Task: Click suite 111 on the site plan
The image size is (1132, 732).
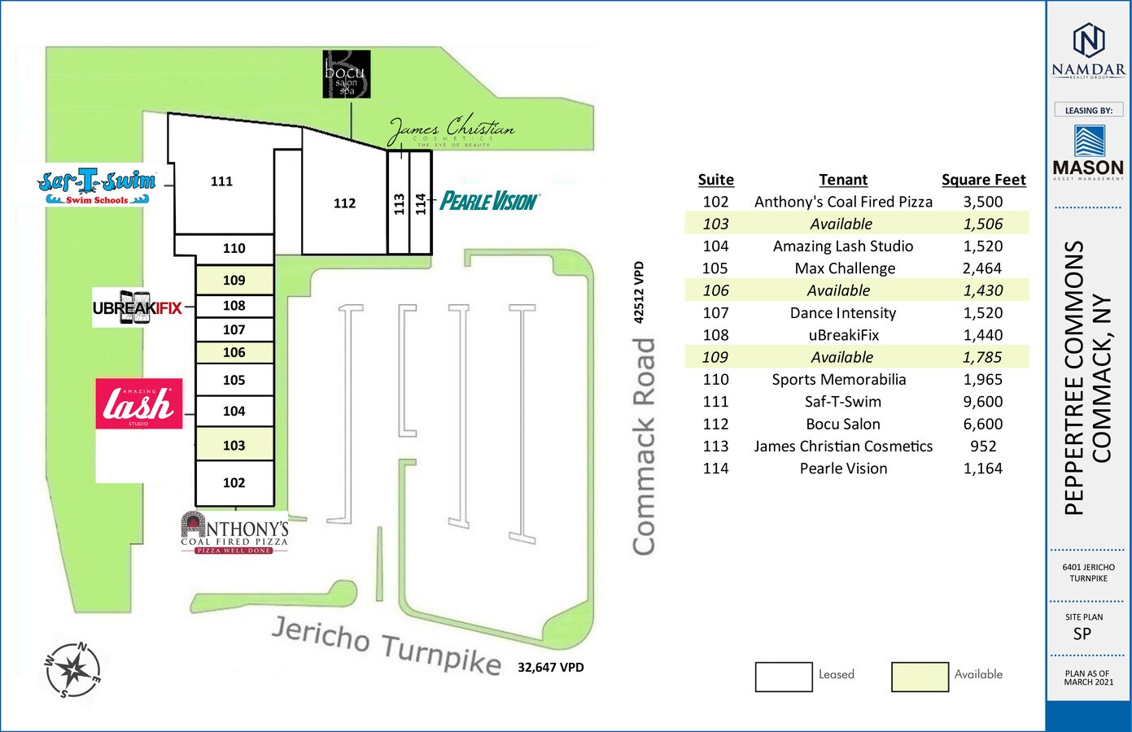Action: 221,181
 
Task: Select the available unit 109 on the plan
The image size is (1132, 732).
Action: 234,280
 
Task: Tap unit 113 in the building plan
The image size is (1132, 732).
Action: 398,203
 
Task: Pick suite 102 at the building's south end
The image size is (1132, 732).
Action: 234,483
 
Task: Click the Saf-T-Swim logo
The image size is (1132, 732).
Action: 97,186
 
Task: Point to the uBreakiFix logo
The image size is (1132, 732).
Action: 137,307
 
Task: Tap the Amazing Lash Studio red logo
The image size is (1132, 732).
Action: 138,403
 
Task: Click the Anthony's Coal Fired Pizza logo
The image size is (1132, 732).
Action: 234,533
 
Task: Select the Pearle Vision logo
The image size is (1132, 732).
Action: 489,201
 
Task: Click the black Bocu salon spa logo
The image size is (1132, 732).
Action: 347,74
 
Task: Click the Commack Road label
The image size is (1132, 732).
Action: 645,447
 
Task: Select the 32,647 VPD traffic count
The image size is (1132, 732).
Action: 551,668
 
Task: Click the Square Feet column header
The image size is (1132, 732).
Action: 983,180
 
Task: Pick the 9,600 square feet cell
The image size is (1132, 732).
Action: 983,402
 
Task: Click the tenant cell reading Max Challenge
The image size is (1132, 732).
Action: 845,268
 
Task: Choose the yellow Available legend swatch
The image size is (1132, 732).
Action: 920,677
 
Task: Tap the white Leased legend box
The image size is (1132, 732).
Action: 784,677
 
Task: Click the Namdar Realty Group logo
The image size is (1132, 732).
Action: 1088,50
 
